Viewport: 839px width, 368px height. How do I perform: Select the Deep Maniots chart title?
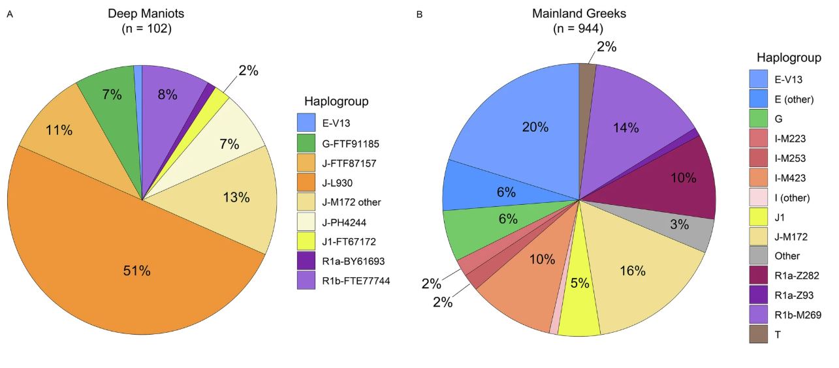coord(146,13)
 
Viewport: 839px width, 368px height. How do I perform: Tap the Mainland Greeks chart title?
coord(578,13)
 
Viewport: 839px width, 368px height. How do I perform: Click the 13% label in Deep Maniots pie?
coord(236,198)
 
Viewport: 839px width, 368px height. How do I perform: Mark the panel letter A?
coord(10,14)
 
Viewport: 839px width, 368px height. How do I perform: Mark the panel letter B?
coord(419,14)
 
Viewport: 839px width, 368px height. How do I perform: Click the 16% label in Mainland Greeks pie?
coord(633,270)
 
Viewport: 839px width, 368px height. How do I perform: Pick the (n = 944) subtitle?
coord(578,29)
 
